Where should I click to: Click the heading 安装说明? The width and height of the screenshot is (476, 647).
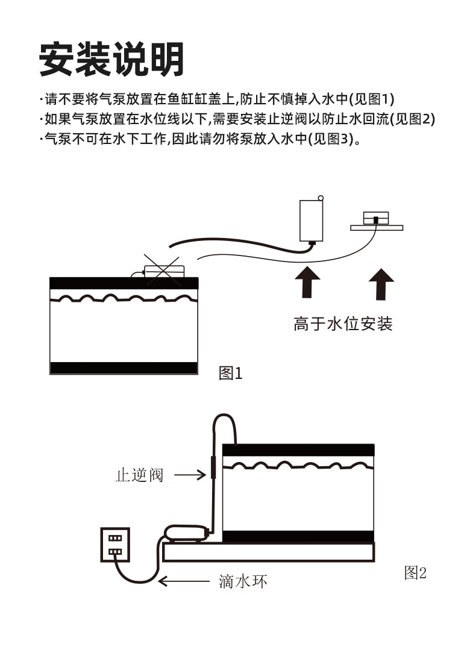[111, 59]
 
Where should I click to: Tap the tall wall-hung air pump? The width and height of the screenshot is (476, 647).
[312, 220]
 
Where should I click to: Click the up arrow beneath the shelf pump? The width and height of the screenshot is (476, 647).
[381, 284]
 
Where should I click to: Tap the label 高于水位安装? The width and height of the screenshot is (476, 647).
[343, 324]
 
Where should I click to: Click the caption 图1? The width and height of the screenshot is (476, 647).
[230, 374]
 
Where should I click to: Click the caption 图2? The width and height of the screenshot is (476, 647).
[415, 572]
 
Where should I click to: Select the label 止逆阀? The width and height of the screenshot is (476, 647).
[139, 475]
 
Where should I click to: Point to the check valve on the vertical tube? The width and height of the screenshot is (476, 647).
[213, 467]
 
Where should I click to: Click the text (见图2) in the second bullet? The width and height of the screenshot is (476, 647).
[412, 119]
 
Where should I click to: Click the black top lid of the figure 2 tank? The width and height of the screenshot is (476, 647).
[298, 449]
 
